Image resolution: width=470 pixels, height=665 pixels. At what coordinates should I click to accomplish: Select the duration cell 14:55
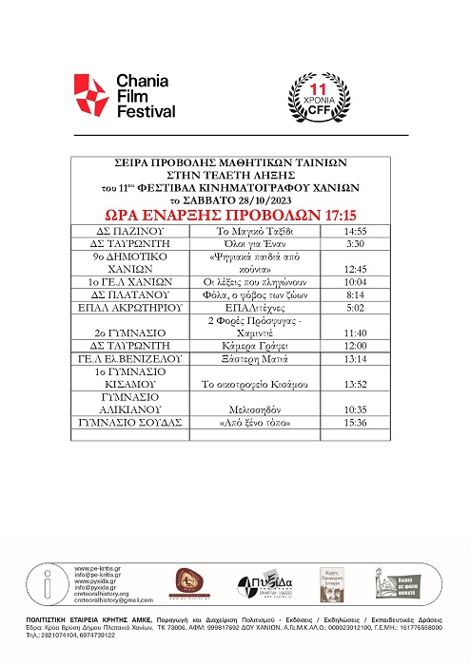click(x=356, y=231)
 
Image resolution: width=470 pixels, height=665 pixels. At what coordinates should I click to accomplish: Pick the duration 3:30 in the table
click(x=353, y=244)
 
